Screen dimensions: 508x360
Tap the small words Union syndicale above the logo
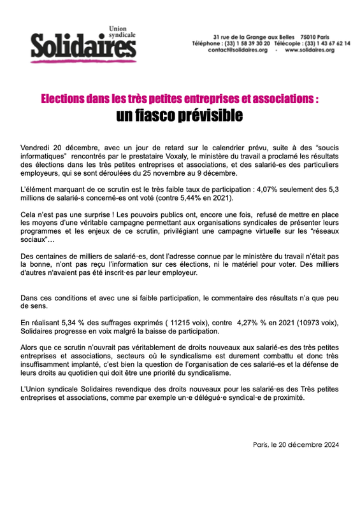[119, 32]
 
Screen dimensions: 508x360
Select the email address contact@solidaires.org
[238, 50]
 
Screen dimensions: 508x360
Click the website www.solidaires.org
[310, 50]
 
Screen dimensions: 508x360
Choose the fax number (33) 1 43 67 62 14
[326, 43]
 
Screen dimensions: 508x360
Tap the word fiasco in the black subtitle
[164, 116]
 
